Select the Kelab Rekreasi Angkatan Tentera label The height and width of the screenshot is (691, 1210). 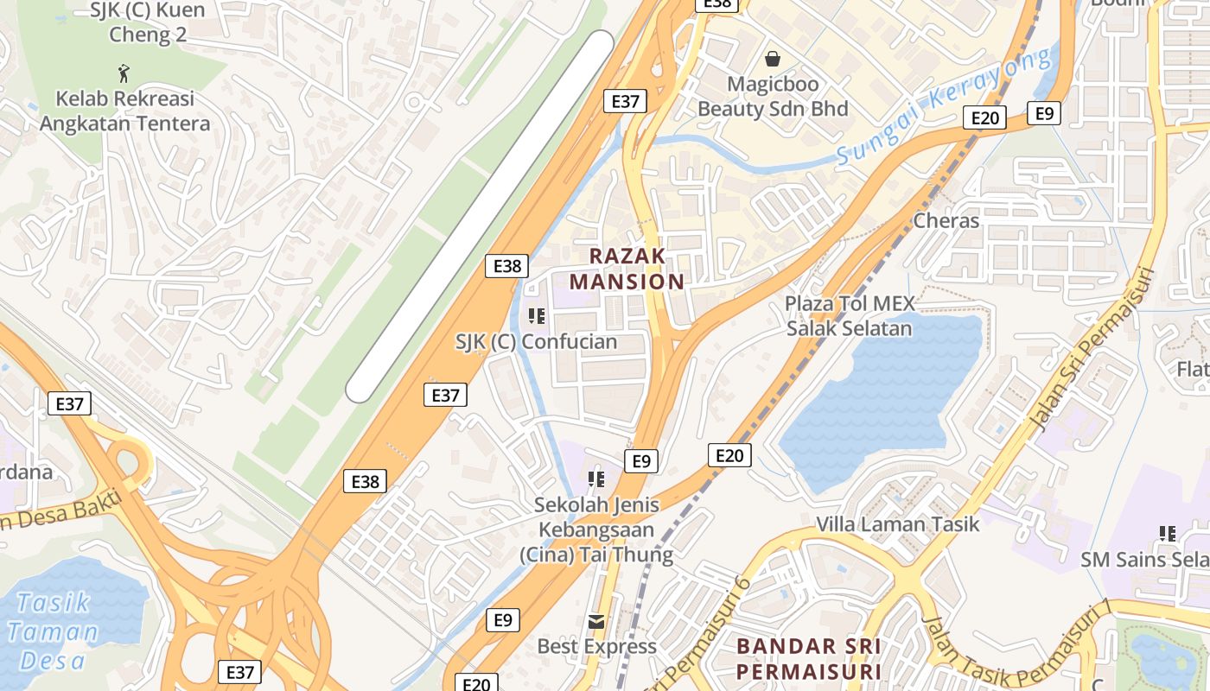click(124, 111)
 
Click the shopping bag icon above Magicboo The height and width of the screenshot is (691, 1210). click(773, 59)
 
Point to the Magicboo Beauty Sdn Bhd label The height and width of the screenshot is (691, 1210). click(773, 97)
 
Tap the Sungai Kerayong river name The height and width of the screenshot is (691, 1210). click(946, 107)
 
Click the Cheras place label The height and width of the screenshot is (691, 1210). click(946, 220)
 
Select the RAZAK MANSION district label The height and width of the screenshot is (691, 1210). click(627, 269)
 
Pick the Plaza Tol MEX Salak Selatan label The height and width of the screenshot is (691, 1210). click(849, 316)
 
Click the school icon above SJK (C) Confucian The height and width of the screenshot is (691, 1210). click(537, 316)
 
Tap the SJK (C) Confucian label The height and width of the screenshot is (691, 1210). click(537, 342)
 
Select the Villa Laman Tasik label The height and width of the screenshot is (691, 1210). click(898, 523)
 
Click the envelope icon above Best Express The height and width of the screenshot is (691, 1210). click(596, 621)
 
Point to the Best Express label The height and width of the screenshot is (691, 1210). click(596, 646)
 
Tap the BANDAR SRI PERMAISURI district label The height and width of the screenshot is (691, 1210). click(808, 659)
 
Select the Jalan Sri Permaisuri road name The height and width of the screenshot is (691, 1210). click(1094, 350)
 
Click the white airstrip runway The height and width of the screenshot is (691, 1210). click(480, 216)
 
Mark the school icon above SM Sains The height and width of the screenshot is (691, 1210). click(1168, 534)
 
